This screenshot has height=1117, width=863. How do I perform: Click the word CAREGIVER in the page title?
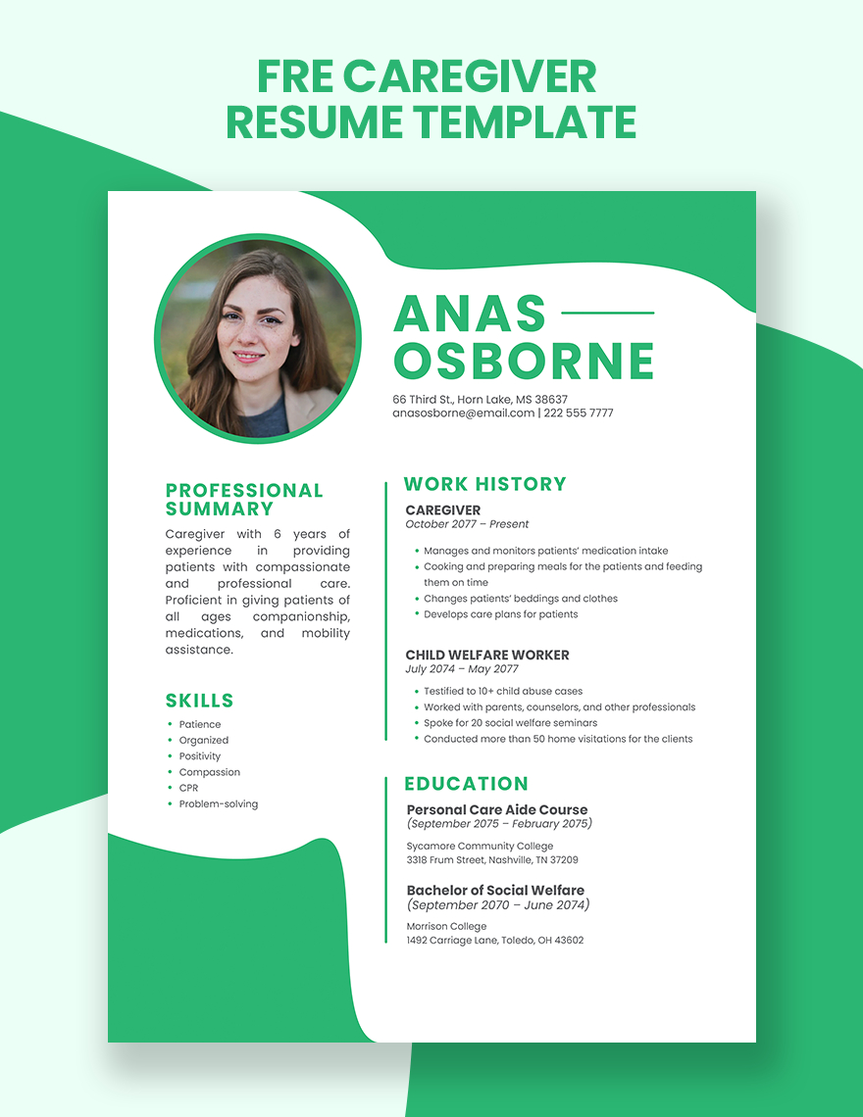coord(470,77)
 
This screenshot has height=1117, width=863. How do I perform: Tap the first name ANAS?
coord(469,314)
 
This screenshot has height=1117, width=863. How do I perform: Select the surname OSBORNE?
coord(524,360)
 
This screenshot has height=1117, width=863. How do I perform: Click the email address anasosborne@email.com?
coord(463,413)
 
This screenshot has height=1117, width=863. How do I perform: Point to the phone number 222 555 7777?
coord(579,413)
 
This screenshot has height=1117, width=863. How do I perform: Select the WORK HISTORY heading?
coord(485,484)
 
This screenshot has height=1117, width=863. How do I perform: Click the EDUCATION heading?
coord(466,784)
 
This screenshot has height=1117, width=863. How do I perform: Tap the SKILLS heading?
coord(200,701)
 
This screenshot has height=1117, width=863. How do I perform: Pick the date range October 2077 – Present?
coord(467,524)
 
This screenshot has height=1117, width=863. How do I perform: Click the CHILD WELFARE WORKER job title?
coord(487,655)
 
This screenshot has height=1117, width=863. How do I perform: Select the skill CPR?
coord(188,788)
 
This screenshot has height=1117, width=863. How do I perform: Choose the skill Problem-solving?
coord(218,804)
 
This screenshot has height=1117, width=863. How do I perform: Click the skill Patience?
coord(200,724)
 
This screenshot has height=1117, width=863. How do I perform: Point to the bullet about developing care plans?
coord(500,614)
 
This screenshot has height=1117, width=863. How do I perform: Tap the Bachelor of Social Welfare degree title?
coord(495,891)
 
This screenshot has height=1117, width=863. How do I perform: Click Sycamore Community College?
coord(480,847)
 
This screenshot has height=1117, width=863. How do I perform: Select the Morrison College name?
coord(446,927)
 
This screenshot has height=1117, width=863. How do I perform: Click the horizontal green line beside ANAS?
coord(606,314)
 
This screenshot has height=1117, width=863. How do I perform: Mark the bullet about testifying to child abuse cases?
coord(502,691)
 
